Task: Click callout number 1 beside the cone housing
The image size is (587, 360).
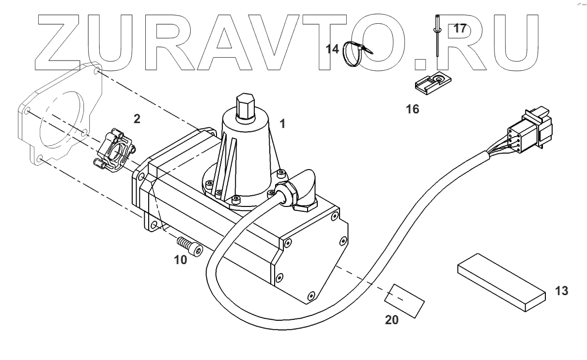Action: point(282,124)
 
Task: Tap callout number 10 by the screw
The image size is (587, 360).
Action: point(180,260)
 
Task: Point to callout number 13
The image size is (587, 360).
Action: point(561,291)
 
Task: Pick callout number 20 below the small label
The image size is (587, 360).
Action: point(392,320)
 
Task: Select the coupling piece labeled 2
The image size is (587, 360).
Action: point(114,150)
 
